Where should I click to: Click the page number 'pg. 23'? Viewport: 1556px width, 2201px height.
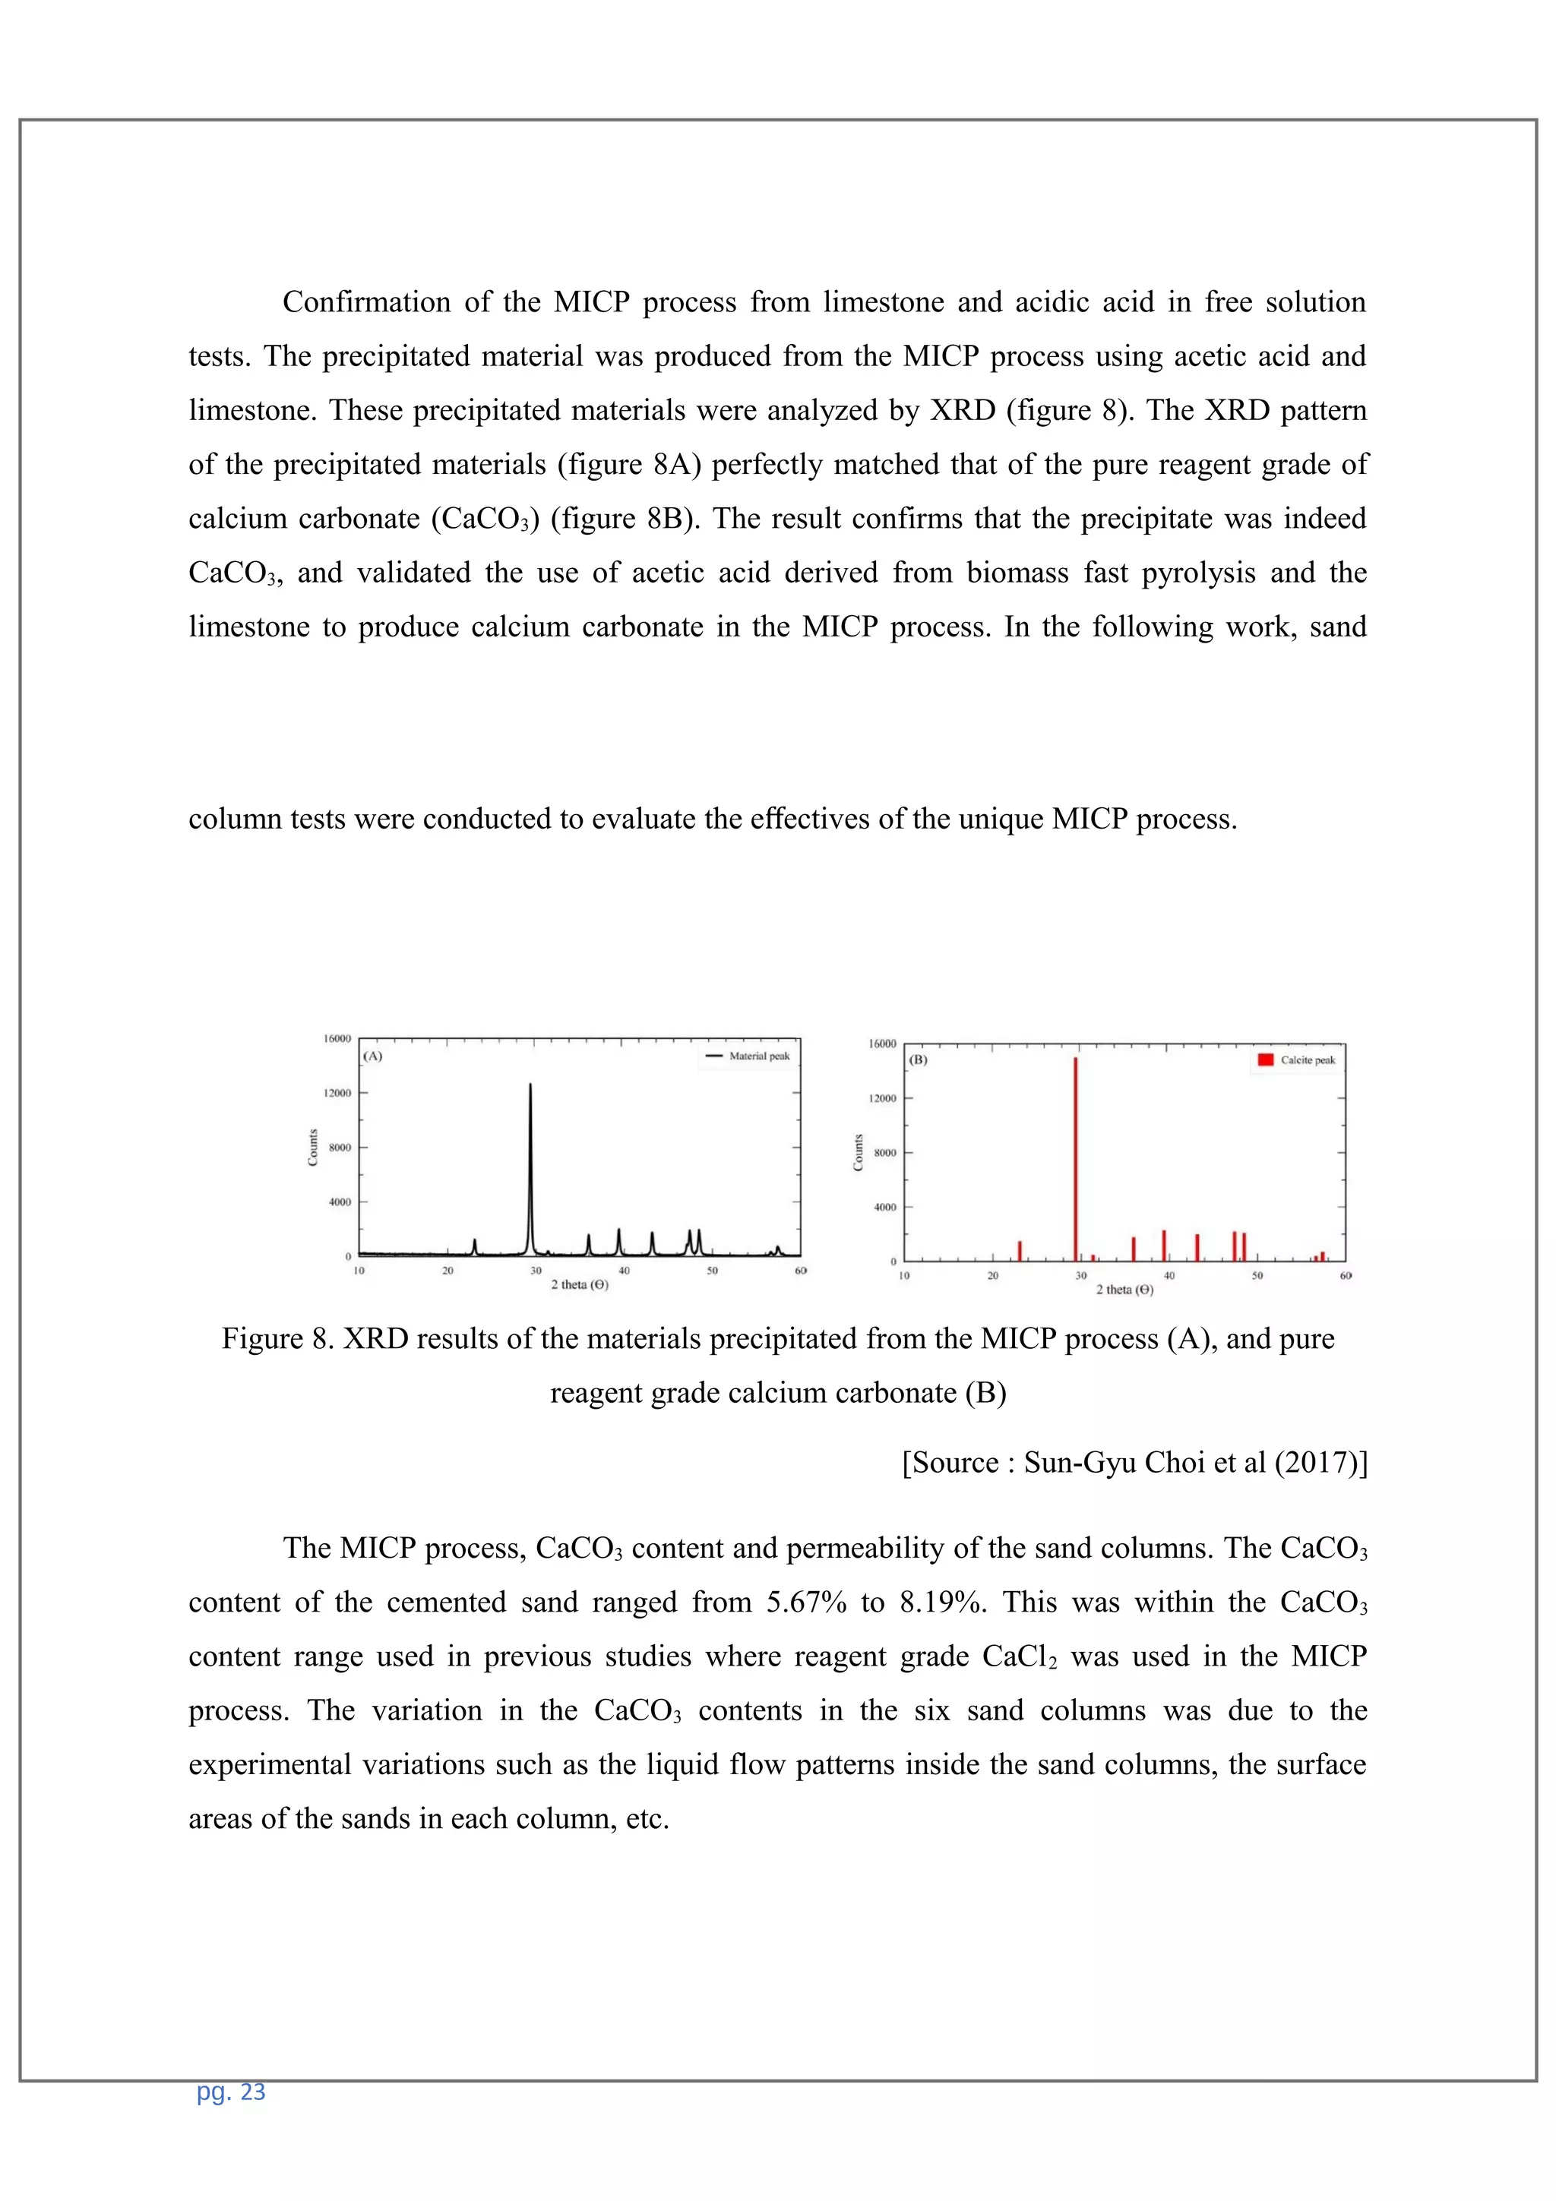click(230, 2092)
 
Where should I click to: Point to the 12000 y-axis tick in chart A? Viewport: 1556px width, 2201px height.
click(337, 1093)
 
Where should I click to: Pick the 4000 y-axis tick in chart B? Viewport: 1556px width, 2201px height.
click(883, 1207)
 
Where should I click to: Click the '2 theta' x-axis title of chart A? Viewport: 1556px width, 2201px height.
click(579, 1284)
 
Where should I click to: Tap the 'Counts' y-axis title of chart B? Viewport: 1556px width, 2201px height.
click(858, 1152)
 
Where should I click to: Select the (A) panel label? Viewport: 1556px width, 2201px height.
click(373, 1056)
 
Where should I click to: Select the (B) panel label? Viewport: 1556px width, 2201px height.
click(918, 1060)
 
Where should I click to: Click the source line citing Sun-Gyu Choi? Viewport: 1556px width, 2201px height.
click(1134, 1462)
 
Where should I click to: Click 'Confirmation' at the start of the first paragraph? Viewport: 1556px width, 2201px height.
click(365, 302)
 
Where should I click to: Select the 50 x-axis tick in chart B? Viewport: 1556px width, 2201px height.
click(1257, 1276)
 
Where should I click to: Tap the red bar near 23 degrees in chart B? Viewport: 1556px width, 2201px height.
click(1019, 1251)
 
